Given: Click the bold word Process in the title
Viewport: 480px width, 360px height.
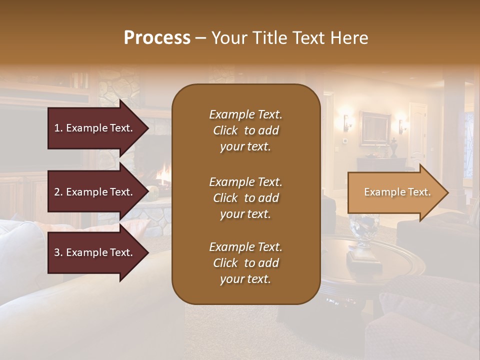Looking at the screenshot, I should (x=157, y=37).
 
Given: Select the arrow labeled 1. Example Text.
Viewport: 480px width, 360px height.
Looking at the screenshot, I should (x=95, y=128).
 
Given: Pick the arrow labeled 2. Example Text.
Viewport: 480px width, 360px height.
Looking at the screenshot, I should (x=95, y=192).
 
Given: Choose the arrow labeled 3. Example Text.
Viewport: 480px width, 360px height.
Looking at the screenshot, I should (x=95, y=252).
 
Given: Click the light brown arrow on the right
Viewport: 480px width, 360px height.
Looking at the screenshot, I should (x=397, y=192).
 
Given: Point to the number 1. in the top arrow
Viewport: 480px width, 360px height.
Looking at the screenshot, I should (x=58, y=128).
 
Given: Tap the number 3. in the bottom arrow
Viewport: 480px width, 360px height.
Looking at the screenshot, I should (x=58, y=252).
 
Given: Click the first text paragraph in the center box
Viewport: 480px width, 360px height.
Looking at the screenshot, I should (x=245, y=130).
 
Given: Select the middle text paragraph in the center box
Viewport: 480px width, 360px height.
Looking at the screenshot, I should (x=245, y=198).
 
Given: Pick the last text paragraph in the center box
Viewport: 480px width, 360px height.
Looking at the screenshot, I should (x=245, y=263).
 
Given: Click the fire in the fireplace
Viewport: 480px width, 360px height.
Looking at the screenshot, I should (x=162, y=175).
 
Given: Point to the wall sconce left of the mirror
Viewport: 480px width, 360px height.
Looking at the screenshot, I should (x=346, y=122).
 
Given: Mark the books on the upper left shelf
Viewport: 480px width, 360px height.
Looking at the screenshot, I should (x=79, y=80).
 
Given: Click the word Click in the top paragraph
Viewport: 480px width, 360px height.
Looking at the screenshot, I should (x=225, y=130).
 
